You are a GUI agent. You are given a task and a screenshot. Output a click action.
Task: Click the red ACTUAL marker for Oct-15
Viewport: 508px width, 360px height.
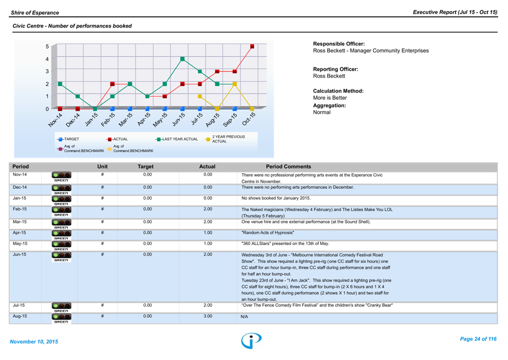click(252, 47)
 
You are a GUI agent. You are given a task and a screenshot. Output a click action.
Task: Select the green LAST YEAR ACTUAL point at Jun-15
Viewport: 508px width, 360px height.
click(182, 59)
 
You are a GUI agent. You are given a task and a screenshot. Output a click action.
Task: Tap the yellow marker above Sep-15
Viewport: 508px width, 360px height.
click(235, 84)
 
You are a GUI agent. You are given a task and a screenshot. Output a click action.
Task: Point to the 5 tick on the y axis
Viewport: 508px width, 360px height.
click(48, 47)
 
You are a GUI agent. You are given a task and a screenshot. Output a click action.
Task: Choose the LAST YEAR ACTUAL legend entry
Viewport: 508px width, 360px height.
click(176, 139)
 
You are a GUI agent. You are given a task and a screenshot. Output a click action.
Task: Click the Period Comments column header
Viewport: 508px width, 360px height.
click(288, 167)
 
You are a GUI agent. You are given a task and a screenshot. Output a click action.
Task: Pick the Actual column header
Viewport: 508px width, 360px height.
click(207, 167)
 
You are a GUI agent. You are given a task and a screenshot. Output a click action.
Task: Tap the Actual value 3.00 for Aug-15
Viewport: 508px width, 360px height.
click(207, 316)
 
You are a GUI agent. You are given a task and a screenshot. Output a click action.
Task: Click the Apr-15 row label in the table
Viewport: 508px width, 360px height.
click(20, 232)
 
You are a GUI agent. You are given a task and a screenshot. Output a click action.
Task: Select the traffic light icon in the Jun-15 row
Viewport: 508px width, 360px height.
click(61, 256)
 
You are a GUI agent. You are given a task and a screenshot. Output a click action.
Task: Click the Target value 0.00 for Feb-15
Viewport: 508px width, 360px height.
click(147, 209)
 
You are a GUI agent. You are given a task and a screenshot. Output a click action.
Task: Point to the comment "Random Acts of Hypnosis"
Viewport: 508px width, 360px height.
click(269, 232)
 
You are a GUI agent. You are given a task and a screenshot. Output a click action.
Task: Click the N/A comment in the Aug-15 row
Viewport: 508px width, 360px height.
click(245, 317)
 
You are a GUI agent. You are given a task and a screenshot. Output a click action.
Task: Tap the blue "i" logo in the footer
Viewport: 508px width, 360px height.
click(251, 340)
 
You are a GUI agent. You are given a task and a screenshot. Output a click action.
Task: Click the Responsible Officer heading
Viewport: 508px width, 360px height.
click(339, 44)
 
